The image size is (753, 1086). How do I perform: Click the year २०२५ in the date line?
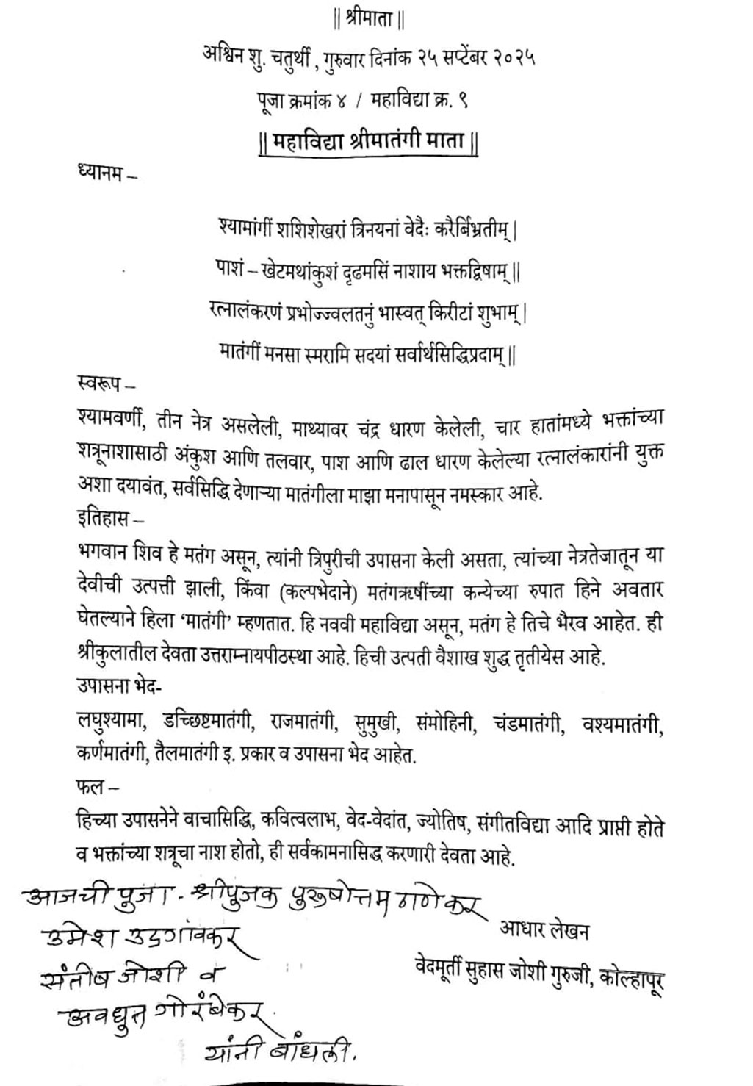pyautogui.click(x=514, y=57)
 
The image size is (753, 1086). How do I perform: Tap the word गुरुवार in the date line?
pyautogui.click(x=357, y=57)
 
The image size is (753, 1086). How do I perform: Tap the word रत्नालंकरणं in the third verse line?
pyautogui.click(x=248, y=313)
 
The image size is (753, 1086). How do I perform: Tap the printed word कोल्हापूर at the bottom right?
pyautogui.click(x=631, y=978)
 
